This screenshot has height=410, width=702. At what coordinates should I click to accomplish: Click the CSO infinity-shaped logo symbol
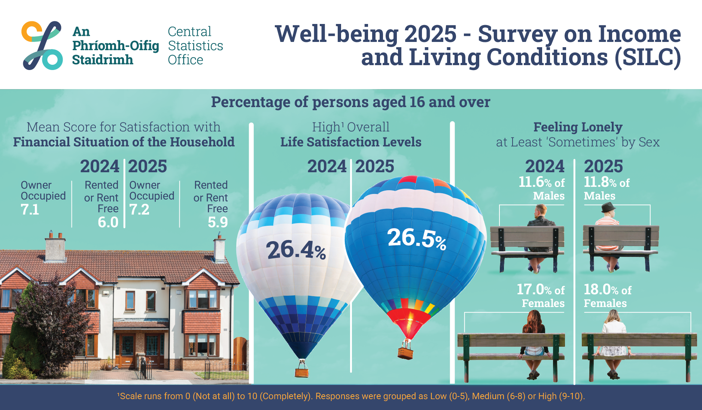coord(42,45)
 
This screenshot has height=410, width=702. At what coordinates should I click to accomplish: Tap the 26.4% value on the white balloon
coord(296,250)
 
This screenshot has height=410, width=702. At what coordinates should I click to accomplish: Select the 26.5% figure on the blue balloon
coord(417,238)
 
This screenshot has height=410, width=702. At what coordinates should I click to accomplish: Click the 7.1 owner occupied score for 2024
coord(30,210)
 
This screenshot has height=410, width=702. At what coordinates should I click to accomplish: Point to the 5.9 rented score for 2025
coord(218,222)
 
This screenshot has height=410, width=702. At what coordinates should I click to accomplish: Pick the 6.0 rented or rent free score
coord(108,222)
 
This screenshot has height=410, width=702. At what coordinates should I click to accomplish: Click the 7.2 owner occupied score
coord(139,210)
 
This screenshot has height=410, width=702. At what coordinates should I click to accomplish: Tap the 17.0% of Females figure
coord(541,290)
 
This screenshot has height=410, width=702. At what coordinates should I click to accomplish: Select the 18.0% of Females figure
coord(607,290)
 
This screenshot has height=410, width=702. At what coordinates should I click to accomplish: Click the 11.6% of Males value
coord(541,182)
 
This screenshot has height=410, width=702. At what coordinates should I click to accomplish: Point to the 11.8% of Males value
coord(607,182)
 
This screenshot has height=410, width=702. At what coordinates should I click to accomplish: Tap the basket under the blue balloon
coord(405,353)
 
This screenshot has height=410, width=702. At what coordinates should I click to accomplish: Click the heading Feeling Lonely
coord(578,127)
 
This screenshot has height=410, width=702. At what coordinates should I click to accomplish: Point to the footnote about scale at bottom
coord(351,396)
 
